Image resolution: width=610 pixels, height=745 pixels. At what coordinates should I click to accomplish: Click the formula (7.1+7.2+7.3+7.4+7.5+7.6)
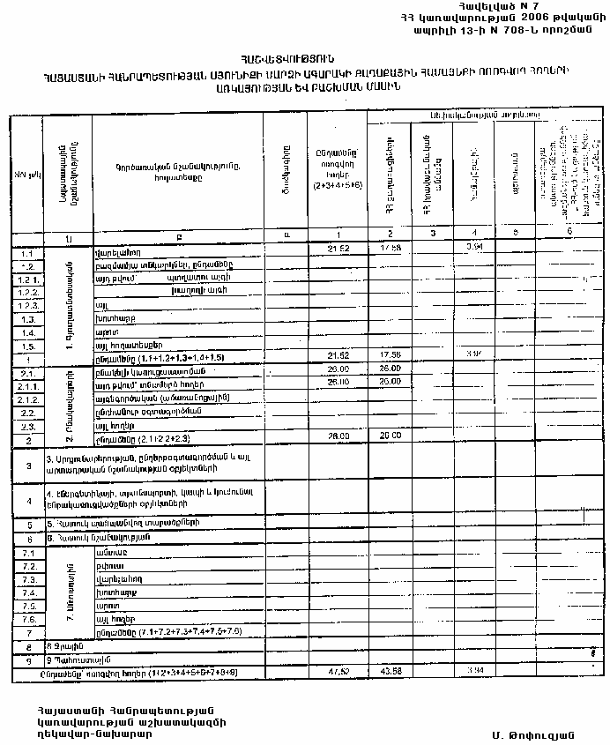click(167, 633)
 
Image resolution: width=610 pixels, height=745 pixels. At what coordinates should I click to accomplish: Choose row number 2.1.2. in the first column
click(26, 399)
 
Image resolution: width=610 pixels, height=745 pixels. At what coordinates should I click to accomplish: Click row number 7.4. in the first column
click(26, 593)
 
